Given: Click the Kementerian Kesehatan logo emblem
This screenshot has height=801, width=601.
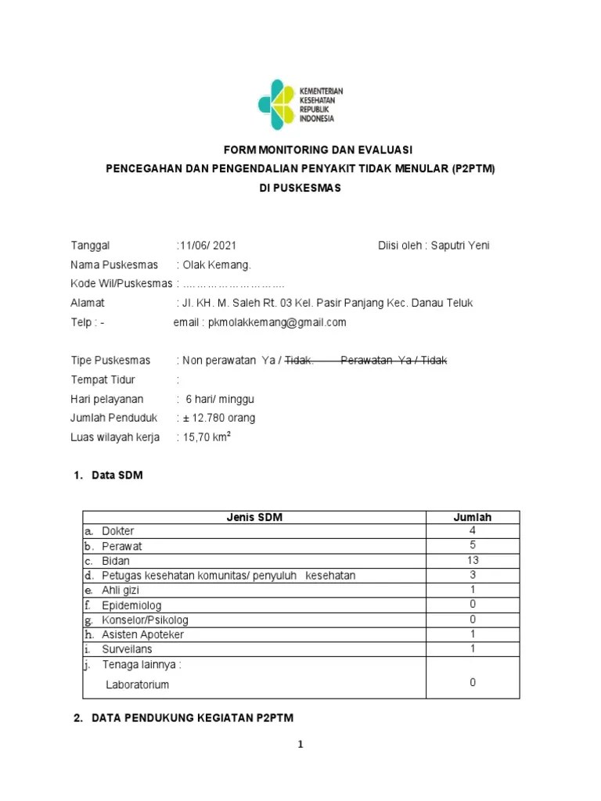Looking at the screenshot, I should [x=278, y=105].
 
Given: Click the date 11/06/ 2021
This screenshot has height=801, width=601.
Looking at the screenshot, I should [x=207, y=246].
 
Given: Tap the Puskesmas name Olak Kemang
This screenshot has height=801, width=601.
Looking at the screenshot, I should [x=218, y=264].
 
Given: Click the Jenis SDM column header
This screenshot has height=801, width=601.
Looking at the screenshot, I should [x=254, y=517].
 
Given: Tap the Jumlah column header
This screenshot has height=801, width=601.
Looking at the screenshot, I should [x=473, y=517].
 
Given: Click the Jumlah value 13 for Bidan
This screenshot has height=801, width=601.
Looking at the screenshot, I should [x=473, y=561].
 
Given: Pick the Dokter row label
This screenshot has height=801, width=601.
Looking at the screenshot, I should [x=118, y=531].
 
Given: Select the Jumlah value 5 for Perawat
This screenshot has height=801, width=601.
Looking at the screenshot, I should [x=473, y=546].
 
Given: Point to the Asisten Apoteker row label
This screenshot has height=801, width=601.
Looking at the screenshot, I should [x=142, y=634].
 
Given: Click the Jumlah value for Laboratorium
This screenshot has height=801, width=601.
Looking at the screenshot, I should [x=473, y=683].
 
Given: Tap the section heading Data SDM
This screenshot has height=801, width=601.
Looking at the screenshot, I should [x=117, y=476].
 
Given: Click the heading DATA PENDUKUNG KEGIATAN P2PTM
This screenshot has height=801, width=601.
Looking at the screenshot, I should [x=193, y=717].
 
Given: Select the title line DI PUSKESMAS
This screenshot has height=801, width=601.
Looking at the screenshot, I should [x=300, y=189].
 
